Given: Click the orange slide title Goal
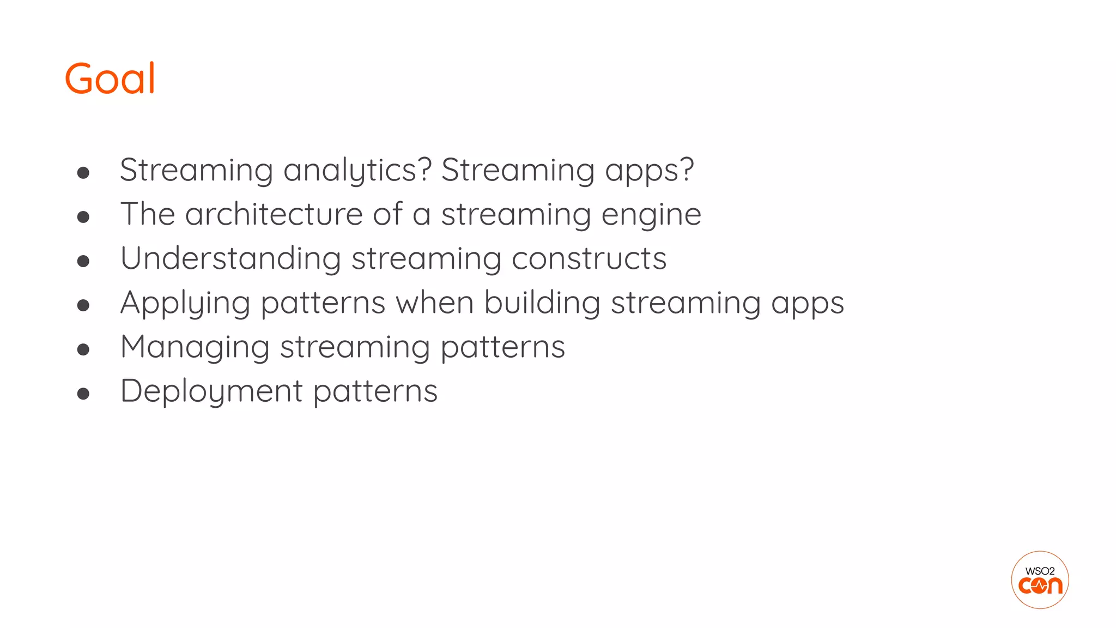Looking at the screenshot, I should (110, 78).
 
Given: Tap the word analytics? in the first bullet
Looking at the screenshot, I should (357, 170).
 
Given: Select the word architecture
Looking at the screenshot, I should (274, 214).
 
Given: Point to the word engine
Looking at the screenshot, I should (651, 215).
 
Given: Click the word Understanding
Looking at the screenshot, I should (231, 258).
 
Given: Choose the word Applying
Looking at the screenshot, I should (185, 303).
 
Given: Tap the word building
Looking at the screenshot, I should (542, 303).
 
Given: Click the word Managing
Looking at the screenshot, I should (195, 347).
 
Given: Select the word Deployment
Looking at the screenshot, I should (211, 391).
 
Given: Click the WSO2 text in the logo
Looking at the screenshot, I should (1040, 571).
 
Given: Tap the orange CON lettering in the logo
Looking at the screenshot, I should (1040, 586).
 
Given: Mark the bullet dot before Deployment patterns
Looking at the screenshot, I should (83, 393).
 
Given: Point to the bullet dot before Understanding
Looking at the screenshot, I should (83, 261).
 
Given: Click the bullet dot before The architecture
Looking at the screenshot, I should (83, 217).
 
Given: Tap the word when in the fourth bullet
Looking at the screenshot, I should (435, 303).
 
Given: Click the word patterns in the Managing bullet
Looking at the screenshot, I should (502, 347).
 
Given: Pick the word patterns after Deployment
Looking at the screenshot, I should (375, 391).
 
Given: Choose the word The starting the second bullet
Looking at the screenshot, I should (148, 214).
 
